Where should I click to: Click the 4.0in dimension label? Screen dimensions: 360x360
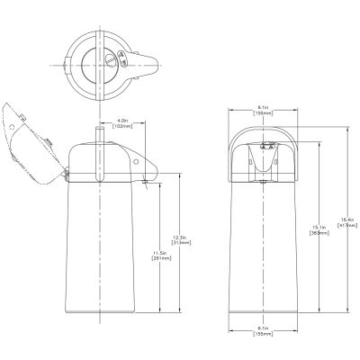(126, 117)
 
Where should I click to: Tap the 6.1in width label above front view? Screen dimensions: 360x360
(264, 103)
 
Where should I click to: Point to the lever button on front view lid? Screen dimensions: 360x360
(264, 146)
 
